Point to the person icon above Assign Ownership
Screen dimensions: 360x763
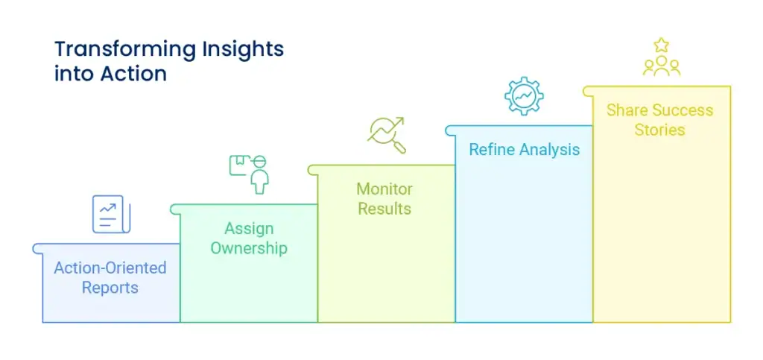(x=259, y=178)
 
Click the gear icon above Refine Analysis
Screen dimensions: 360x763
(x=523, y=95)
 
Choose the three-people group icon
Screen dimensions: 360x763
(x=661, y=66)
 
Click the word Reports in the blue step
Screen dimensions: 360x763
(x=110, y=288)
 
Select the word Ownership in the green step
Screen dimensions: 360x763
(x=249, y=248)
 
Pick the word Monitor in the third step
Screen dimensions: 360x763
(x=384, y=189)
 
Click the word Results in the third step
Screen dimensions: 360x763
(x=384, y=209)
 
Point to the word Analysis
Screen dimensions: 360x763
(x=549, y=150)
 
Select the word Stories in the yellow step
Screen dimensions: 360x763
(x=659, y=130)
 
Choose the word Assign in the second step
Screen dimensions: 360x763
(x=249, y=229)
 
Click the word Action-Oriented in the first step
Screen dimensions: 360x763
(x=110, y=268)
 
